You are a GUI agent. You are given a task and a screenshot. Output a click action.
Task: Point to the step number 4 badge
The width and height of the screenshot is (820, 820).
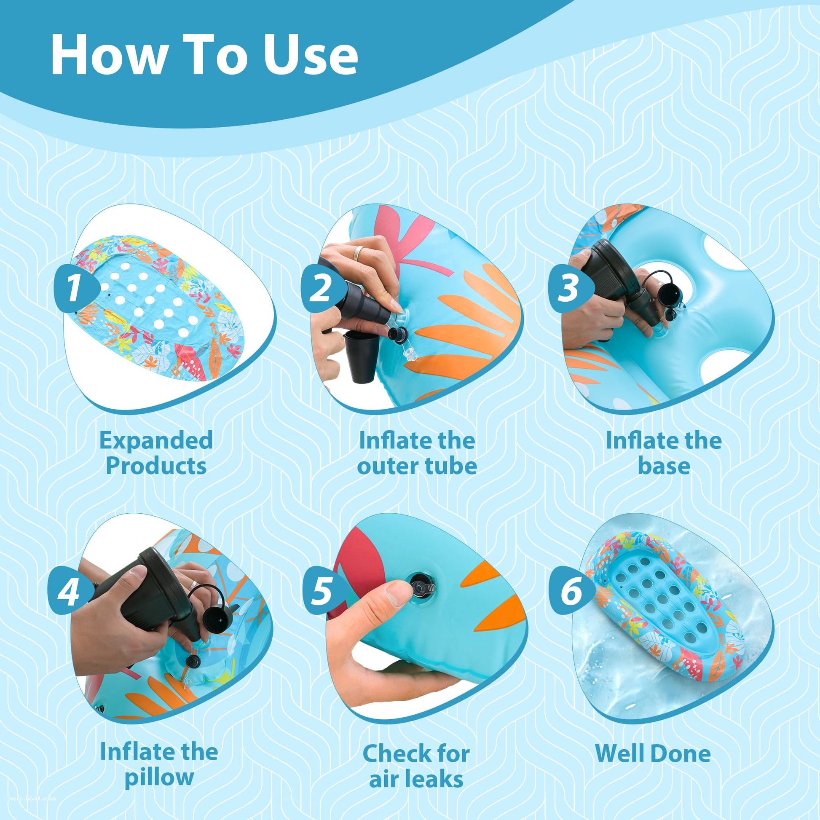coord(74,592)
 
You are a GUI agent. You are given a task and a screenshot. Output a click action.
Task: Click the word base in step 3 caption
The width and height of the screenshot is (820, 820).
coord(664,466)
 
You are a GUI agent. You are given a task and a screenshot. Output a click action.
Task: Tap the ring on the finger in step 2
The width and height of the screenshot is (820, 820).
coord(359,253)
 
